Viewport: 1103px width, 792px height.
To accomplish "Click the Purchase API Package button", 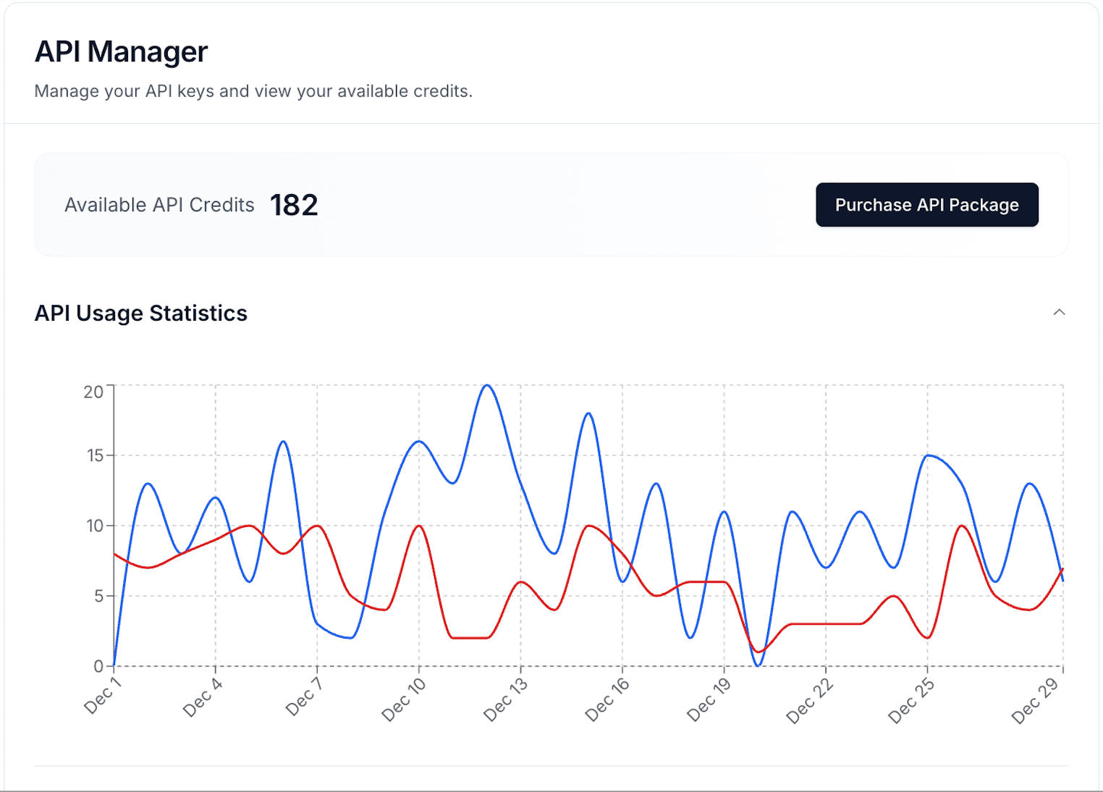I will click(x=926, y=205).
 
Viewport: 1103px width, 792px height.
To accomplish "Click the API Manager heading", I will click(x=121, y=52).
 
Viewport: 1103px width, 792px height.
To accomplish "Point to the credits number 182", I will click(x=294, y=205).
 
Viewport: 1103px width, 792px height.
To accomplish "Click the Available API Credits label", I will click(x=159, y=205).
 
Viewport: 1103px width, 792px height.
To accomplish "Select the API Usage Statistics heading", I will click(x=141, y=313).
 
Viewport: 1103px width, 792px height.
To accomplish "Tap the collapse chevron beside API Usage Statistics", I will click(x=1059, y=312).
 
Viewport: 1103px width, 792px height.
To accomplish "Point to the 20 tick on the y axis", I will click(x=93, y=392).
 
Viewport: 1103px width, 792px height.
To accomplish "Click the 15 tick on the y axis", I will click(x=95, y=455).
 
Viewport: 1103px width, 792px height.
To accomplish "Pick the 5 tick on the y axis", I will click(x=98, y=596).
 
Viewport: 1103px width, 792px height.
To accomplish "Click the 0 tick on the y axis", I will click(x=98, y=666).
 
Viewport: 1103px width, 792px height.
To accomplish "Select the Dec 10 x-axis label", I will click(x=403, y=700).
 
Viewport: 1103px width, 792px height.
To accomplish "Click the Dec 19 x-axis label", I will click(x=709, y=700).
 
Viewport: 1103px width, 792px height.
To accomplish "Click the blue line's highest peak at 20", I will click(x=487, y=385).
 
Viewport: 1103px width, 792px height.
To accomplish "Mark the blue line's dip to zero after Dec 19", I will click(x=758, y=665).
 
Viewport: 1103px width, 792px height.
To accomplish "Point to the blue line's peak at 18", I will click(x=588, y=413).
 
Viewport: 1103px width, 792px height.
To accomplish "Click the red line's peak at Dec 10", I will click(x=419, y=526).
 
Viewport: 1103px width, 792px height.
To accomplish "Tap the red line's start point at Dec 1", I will click(x=114, y=554).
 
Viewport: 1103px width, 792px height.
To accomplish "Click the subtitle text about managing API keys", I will click(x=253, y=91).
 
